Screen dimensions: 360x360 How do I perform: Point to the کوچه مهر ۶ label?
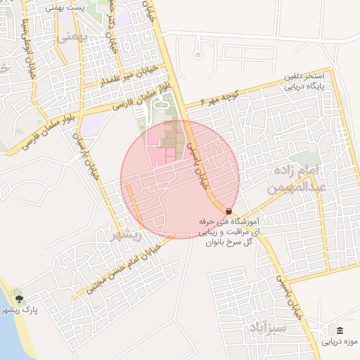click(220, 94)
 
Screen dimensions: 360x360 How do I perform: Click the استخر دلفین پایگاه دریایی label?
click(304, 82)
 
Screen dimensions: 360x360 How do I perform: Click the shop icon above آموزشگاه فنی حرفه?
click(229, 212)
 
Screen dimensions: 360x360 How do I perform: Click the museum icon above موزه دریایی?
click(340, 331)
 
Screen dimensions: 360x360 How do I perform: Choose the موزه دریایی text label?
click(340, 342)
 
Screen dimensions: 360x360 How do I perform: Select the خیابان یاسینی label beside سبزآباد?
click(290, 295)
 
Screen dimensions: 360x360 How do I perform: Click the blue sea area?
click(7, 330)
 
